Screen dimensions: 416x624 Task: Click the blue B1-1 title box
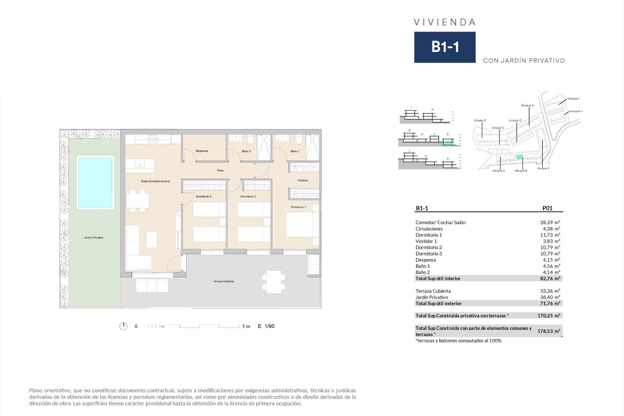[x=445, y=47]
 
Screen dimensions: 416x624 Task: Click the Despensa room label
[x=202, y=151]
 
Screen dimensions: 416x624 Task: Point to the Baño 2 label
[x=246, y=151]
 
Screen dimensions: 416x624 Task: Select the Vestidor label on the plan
[x=303, y=180]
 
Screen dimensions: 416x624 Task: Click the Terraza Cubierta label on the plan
[x=224, y=281]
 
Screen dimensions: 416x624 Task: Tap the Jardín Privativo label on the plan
[x=94, y=238]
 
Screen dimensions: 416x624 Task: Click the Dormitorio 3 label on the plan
[x=204, y=197]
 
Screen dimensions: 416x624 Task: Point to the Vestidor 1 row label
[x=426, y=241]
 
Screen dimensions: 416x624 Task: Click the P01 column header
[x=547, y=208]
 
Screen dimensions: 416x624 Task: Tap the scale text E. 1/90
[x=266, y=326]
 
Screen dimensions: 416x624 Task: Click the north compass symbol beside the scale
[x=123, y=326]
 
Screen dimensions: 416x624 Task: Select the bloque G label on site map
[x=527, y=106]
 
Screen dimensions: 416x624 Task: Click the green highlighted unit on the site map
[x=520, y=157]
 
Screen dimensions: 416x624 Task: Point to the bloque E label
[x=543, y=168]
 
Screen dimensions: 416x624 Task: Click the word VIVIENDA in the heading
[x=445, y=22]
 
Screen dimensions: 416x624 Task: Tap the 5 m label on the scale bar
[x=246, y=326]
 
